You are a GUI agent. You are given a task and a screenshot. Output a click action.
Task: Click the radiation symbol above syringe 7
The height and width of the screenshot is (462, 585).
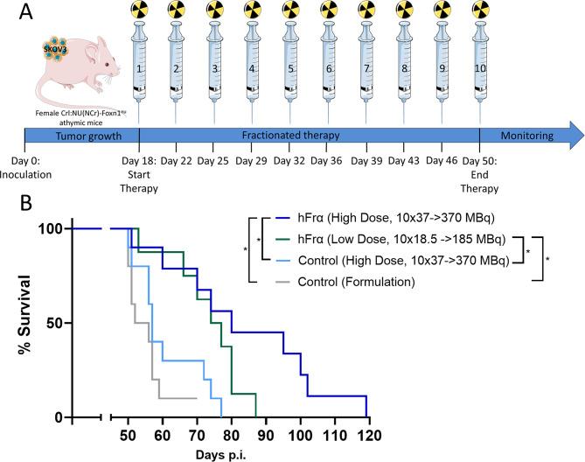point(366,12)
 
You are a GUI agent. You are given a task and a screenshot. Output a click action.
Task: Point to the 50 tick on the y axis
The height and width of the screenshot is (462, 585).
point(55,323)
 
